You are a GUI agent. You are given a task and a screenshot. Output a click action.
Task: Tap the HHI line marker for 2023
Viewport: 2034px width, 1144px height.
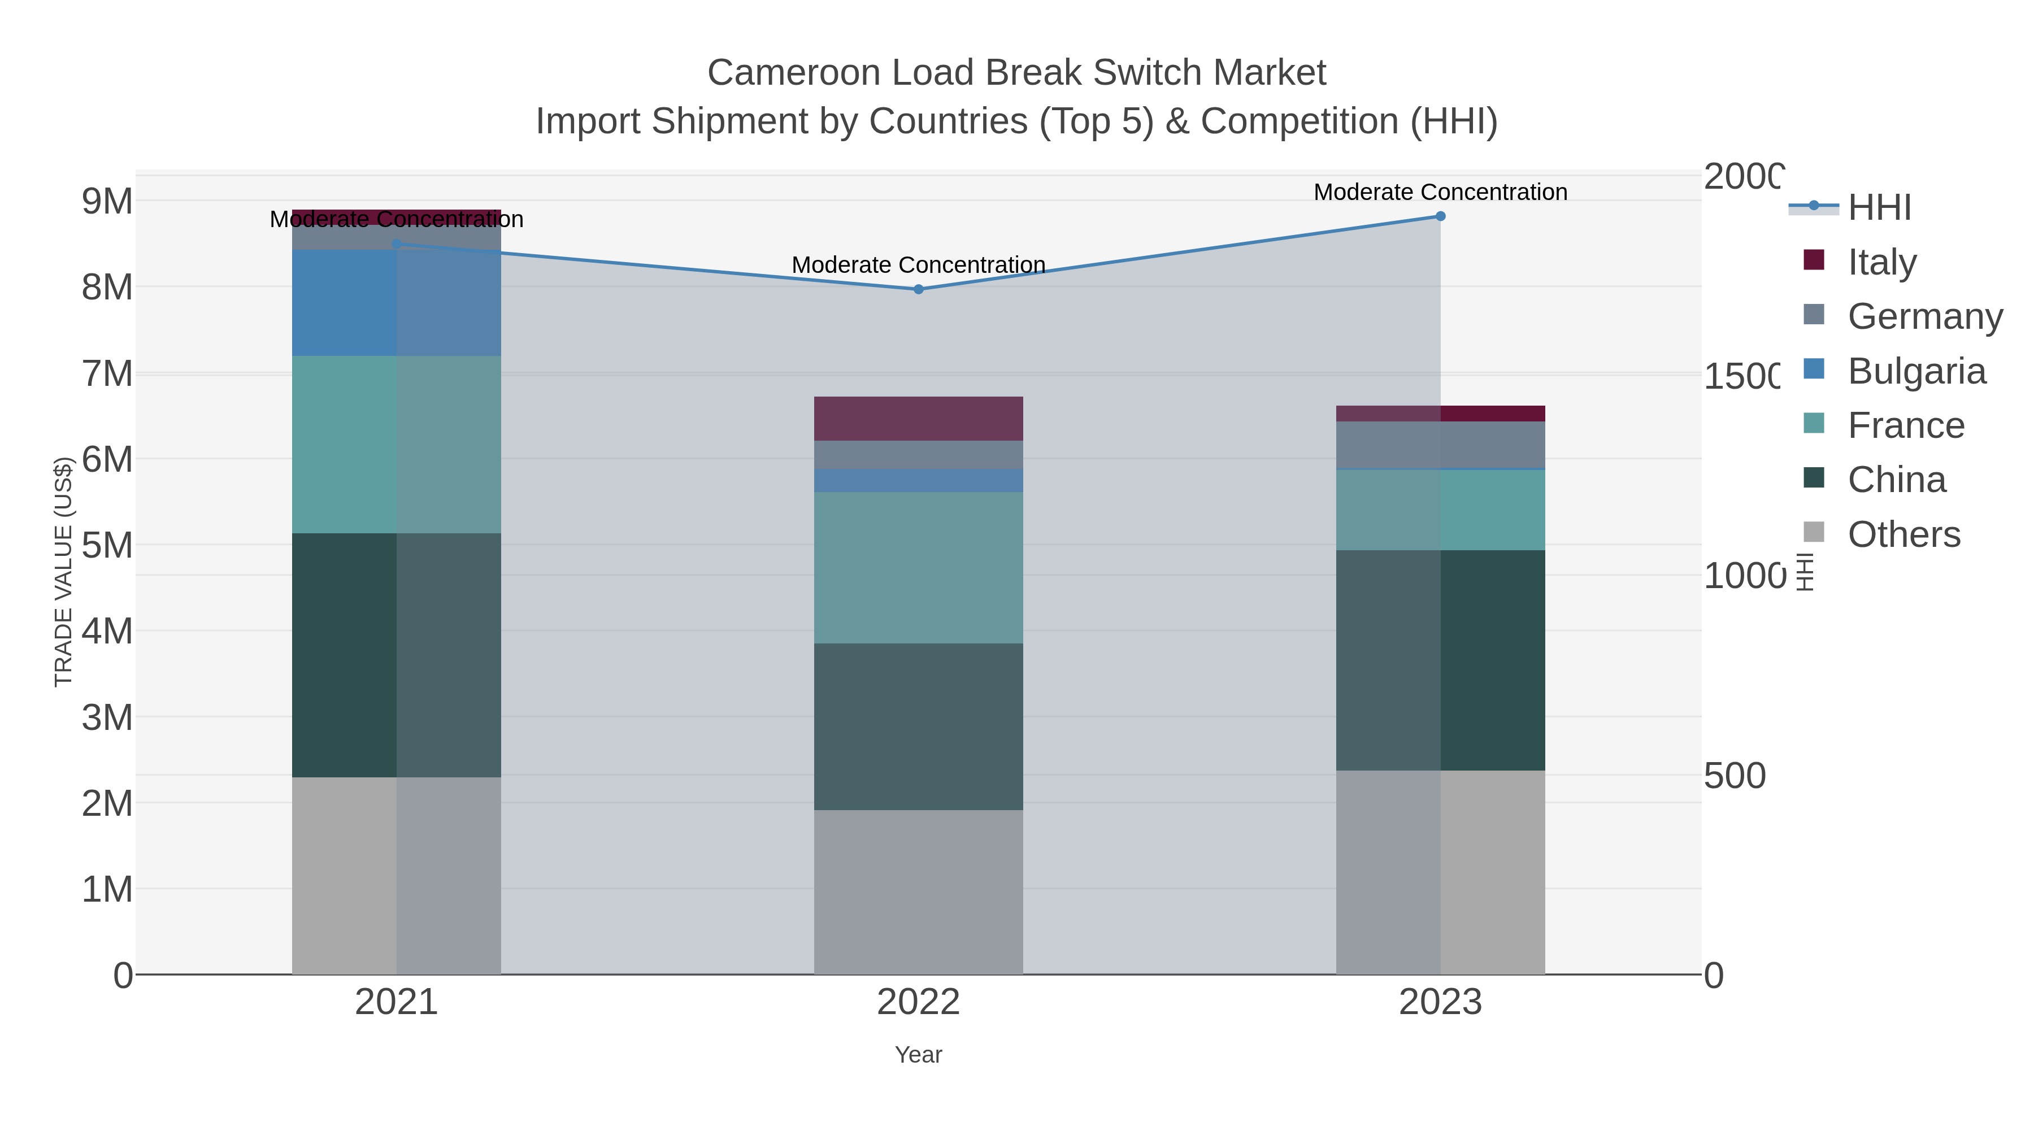(x=1440, y=216)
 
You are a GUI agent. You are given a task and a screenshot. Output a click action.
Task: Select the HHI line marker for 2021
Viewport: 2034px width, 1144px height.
(x=397, y=244)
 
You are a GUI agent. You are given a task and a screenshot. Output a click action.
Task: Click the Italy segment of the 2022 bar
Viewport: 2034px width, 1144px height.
(x=918, y=419)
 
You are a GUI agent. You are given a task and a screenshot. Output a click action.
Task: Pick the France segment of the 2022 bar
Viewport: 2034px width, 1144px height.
(x=918, y=568)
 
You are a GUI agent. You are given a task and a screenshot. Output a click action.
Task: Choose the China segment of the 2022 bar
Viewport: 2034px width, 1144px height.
(x=918, y=727)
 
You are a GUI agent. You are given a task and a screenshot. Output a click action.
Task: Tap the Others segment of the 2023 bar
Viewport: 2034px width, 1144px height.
(x=1440, y=872)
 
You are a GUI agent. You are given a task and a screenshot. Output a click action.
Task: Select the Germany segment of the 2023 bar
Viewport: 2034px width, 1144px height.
(x=1440, y=445)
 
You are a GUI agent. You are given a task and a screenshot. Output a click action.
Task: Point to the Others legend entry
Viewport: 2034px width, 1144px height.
(x=1903, y=534)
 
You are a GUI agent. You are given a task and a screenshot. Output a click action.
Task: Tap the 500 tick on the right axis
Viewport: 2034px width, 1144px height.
(x=1734, y=776)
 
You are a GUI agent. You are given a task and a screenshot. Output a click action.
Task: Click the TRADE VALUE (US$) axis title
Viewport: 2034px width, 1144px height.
(x=63, y=572)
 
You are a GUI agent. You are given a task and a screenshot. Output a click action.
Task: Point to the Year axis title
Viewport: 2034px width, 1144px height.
(x=918, y=1055)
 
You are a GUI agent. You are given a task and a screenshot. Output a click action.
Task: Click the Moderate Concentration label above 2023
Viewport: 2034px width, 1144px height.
(x=1440, y=192)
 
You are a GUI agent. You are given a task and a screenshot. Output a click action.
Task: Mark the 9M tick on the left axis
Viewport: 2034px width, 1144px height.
(x=107, y=201)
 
